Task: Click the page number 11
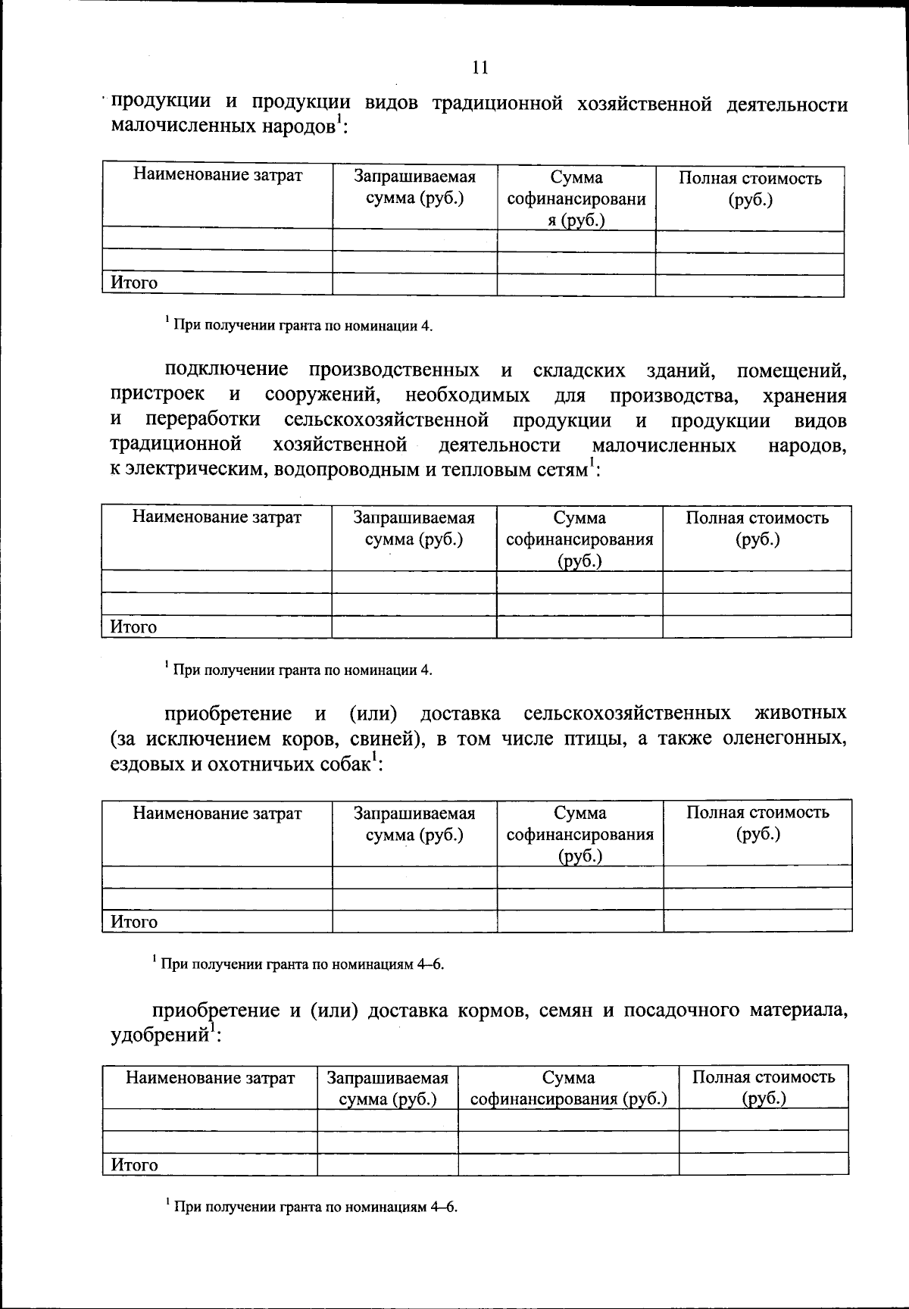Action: coord(479,67)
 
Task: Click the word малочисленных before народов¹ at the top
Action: coord(175,127)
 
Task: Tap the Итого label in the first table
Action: coord(134,283)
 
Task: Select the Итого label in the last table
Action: coord(134,1164)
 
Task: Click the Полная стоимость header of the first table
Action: coord(750,189)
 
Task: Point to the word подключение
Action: coord(226,370)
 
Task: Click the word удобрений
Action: coord(159,1036)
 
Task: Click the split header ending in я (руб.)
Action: coord(576,199)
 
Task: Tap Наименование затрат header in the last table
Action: coord(210,1078)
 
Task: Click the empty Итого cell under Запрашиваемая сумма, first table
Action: coord(414,284)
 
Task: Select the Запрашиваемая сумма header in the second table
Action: coord(414,529)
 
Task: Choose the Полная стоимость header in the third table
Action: coord(757,823)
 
